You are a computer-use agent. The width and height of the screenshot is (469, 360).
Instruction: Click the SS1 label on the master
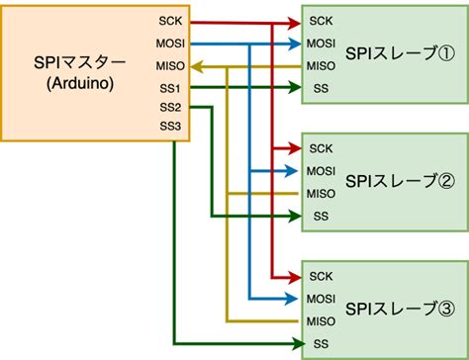click(169, 89)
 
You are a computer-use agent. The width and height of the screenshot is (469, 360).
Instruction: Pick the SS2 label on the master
click(169, 107)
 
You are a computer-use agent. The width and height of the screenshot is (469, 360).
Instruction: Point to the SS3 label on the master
click(169, 126)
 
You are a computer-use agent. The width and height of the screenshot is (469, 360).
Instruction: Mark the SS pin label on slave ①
click(319, 90)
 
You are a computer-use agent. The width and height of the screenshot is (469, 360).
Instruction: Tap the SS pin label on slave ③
click(319, 344)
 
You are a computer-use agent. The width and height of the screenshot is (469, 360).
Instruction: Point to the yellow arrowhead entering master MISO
click(195, 66)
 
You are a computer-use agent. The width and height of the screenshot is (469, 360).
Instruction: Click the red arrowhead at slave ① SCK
click(294, 21)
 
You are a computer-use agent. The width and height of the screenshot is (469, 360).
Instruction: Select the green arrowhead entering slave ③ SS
click(294, 344)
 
